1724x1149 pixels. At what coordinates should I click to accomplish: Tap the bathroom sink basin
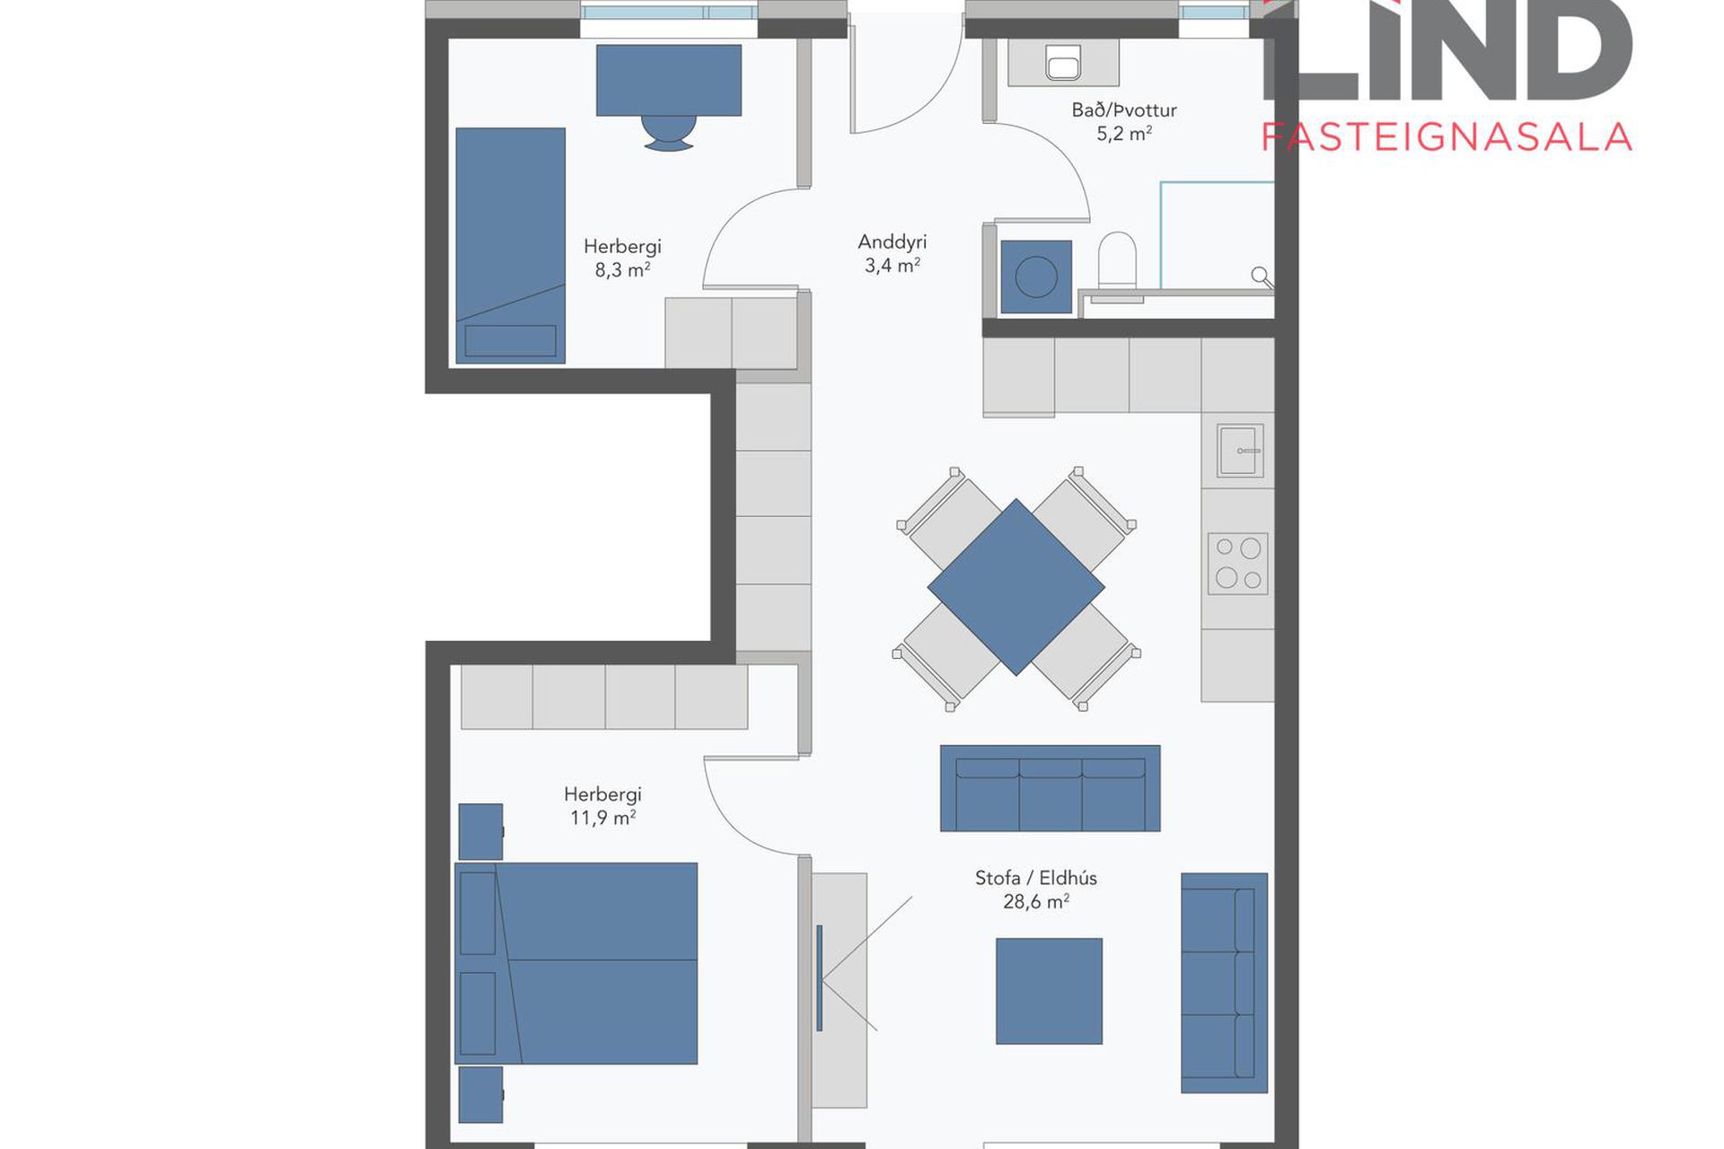pos(1064,63)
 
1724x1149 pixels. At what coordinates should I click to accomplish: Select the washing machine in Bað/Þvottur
pos(1036,276)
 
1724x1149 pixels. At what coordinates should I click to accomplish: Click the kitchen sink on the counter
pos(1240,451)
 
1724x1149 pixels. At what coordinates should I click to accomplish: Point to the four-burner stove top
pos(1238,564)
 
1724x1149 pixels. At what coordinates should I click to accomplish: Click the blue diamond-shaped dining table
pos(1016,587)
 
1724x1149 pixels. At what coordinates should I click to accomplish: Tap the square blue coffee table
pos(1049,991)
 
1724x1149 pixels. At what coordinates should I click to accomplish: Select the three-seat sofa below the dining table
pos(1050,788)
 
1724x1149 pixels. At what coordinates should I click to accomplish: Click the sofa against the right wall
pos(1224,983)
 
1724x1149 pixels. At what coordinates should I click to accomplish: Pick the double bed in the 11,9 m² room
pos(576,963)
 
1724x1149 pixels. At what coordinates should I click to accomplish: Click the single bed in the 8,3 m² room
pos(510,245)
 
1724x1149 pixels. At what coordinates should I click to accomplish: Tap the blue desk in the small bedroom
pos(669,80)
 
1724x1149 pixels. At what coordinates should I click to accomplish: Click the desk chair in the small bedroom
pos(669,132)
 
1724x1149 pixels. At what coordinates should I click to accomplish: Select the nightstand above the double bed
pos(480,831)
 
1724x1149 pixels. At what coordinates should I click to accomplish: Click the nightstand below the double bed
pos(480,1094)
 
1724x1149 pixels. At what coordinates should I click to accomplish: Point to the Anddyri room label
pos(892,241)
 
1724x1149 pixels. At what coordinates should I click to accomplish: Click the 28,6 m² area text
pos(1036,901)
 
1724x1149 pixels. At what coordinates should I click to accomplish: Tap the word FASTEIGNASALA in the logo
pos(1447,137)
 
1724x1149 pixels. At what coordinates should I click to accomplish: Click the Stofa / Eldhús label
pos(1036,877)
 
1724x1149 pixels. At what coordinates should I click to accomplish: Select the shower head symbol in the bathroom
pos(1262,276)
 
